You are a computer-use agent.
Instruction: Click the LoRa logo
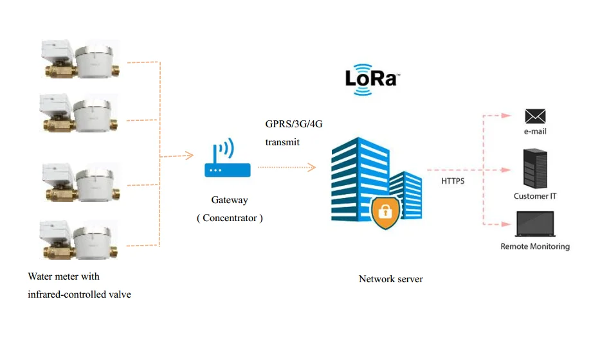372,79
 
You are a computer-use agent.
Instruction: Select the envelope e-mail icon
534,116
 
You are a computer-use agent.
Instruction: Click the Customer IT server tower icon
535,168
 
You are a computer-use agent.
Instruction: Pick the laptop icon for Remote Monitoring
535,224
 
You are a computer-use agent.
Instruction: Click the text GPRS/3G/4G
293,124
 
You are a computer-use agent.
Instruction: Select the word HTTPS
453,181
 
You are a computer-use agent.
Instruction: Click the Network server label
390,279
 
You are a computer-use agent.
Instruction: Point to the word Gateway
229,200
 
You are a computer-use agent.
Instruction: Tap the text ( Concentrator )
230,218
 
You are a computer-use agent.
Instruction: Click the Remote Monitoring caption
535,246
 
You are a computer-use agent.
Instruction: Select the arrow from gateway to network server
287,168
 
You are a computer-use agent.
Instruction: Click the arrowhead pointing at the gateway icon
189,155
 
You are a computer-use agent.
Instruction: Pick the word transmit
282,142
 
